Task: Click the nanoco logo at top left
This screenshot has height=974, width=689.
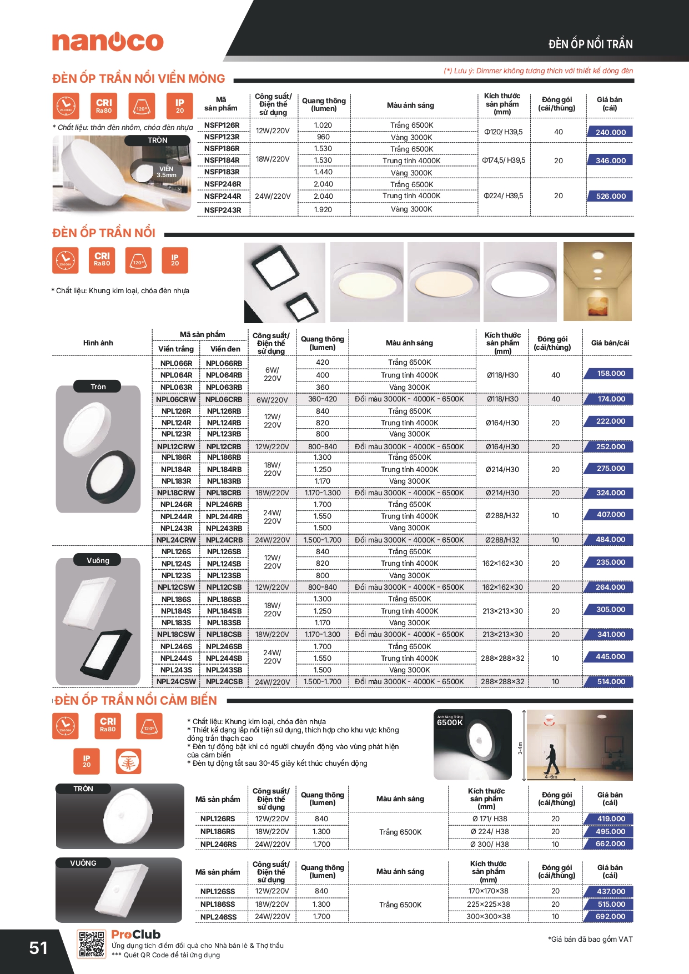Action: (108, 42)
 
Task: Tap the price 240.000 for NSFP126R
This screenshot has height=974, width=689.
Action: (610, 132)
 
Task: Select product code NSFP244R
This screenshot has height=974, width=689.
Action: (222, 196)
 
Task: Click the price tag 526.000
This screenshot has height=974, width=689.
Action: (610, 196)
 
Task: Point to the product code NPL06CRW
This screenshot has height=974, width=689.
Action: (176, 399)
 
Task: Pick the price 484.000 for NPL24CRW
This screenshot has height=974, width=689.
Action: (610, 540)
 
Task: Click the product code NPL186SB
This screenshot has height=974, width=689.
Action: (224, 600)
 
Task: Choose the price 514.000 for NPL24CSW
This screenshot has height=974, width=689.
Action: (610, 682)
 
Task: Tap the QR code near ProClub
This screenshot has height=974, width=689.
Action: (92, 944)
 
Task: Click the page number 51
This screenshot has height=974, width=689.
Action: (38, 948)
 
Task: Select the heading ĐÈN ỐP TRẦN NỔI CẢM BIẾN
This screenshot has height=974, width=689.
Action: (136, 701)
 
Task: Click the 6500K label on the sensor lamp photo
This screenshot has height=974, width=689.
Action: (450, 722)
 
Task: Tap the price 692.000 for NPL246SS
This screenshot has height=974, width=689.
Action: (610, 917)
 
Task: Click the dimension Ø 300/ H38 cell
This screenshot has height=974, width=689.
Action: (489, 845)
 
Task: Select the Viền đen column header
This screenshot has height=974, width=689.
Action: (225, 349)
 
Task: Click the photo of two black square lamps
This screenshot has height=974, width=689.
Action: (285, 283)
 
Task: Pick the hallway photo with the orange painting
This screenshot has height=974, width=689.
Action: (597, 282)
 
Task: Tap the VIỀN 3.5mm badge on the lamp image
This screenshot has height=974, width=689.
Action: (166, 172)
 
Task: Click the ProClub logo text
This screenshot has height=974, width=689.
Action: (136, 935)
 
